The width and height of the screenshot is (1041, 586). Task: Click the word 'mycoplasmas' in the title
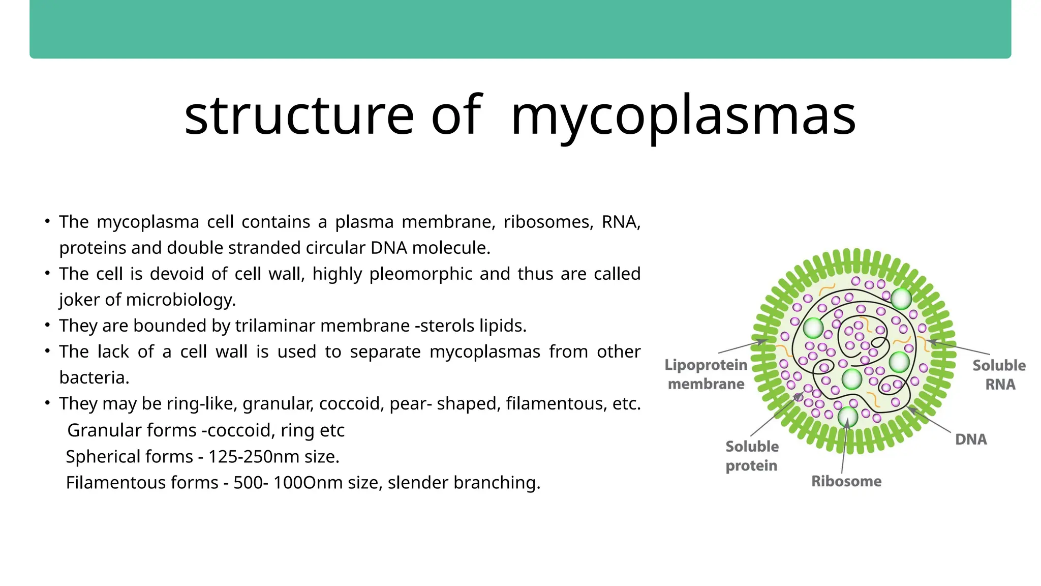point(683,116)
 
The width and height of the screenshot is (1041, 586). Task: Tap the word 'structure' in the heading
point(299,116)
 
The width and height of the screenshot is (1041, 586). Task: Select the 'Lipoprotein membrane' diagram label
point(706,374)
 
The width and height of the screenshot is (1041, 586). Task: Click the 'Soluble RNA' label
point(999,375)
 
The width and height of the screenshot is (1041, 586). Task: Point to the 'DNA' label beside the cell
point(971,439)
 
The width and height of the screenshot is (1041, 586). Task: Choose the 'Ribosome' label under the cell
point(846,481)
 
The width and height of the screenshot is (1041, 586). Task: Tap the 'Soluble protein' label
point(752,456)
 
